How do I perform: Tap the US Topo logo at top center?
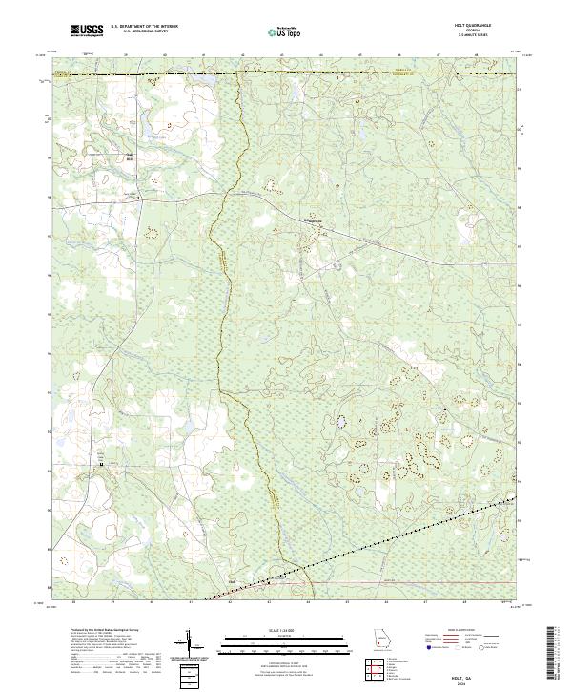point(287,31)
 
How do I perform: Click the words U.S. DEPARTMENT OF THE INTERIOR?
point(145,27)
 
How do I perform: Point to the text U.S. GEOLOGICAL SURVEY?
point(140,32)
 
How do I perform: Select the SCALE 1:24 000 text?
point(286,631)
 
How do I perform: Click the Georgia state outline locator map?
point(380,640)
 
